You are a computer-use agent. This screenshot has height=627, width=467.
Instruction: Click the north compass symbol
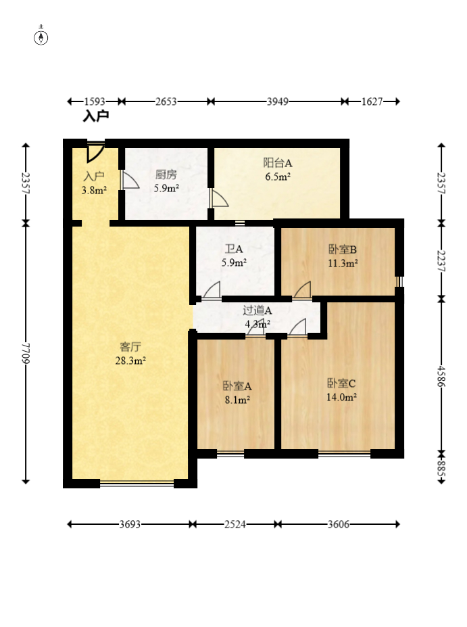pos(41,37)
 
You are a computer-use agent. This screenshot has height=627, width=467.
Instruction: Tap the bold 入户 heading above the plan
pos(96,116)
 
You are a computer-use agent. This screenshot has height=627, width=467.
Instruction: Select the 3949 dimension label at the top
pos(278,101)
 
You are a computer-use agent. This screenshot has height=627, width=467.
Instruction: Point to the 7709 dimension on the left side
pos(26,352)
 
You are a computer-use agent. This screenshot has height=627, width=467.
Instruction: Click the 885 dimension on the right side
pos(441,468)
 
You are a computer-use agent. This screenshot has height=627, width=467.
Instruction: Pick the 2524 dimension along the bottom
pos(235,524)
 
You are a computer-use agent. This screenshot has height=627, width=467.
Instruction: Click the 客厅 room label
pos(130,347)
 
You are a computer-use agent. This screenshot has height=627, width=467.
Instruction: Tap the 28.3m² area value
pos(130,361)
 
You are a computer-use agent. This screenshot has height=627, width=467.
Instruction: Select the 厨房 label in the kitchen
pos(166,175)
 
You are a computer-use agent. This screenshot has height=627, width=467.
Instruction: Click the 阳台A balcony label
pos(278,163)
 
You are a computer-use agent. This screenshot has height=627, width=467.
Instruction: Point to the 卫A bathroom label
pos(234,249)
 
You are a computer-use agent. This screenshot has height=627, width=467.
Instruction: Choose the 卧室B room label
pos(343,250)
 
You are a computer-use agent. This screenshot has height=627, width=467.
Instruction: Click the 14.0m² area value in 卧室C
pos(341,397)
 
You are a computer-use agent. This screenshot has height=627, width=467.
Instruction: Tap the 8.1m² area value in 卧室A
pos(237,400)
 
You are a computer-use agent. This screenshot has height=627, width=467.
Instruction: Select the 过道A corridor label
pos(257,310)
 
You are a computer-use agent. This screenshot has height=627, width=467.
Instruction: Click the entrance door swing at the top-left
pos(96,152)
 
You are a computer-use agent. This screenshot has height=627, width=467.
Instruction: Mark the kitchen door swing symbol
pos(130,181)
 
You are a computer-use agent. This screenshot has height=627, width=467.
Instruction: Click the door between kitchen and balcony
pos(219,198)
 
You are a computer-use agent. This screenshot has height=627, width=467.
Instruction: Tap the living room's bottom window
pos(137,484)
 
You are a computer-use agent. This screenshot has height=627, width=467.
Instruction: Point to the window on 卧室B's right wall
pos(399,281)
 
